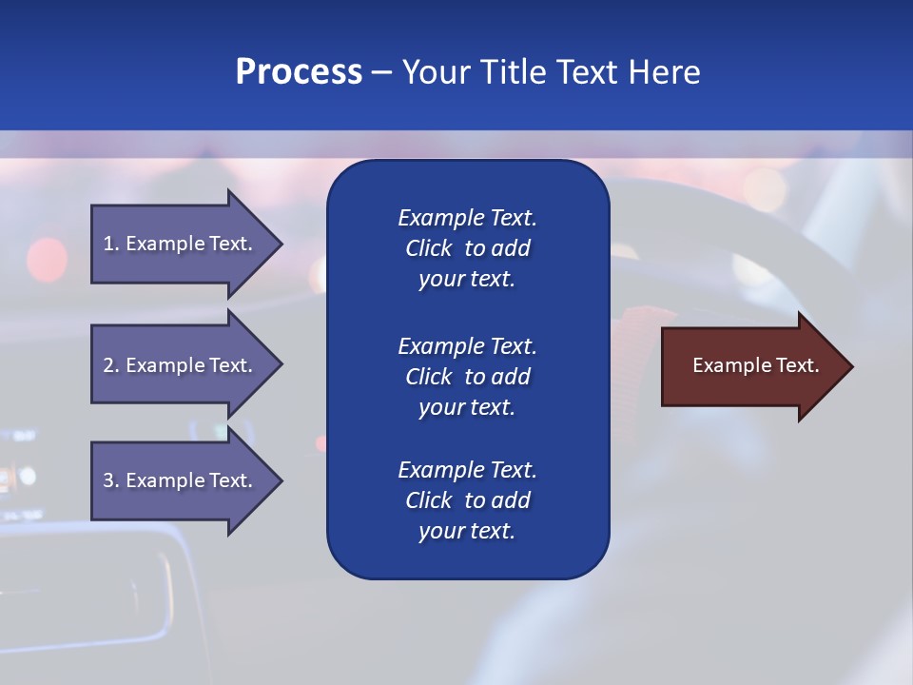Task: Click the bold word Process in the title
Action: tap(299, 72)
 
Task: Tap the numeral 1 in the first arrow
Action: tap(108, 244)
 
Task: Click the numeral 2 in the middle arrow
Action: tap(108, 365)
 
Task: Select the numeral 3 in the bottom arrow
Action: tap(108, 480)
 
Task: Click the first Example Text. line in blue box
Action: tap(467, 218)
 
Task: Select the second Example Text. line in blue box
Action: tap(467, 346)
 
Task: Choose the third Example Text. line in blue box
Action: tap(467, 470)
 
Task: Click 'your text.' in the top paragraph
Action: tap(467, 280)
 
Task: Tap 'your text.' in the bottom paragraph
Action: tap(467, 532)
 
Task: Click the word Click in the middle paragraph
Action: tap(428, 377)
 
